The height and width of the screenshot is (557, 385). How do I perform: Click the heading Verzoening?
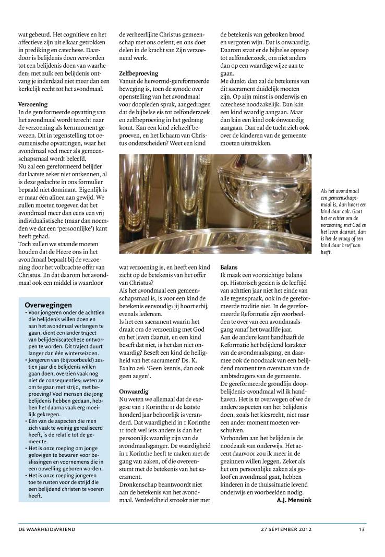33,104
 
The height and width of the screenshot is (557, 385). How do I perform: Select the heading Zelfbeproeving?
139,74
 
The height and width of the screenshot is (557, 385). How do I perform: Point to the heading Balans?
229,267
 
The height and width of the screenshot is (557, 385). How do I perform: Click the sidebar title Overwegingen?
48,305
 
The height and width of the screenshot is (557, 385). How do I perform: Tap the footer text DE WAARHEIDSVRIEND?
47,529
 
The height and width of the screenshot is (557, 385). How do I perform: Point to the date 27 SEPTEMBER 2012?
286,529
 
